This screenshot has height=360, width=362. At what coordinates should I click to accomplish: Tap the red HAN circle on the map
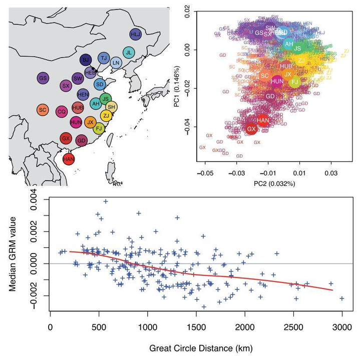tap(69, 159)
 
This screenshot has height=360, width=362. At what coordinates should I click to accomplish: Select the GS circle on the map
tap(44, 78)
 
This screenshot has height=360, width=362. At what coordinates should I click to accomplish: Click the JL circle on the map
tap(129, 52)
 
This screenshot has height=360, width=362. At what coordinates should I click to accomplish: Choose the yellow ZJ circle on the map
tap(106, 115)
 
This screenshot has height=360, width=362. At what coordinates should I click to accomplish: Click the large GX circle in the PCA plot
tap(252, 129)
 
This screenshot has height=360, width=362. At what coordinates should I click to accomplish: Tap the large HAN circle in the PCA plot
tap(263, 120)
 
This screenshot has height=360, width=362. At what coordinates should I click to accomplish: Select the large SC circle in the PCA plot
tap(265, 75)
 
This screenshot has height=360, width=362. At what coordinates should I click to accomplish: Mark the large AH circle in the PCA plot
tap(288, 44)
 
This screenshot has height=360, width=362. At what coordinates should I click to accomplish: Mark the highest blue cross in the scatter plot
tap(106, 201)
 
